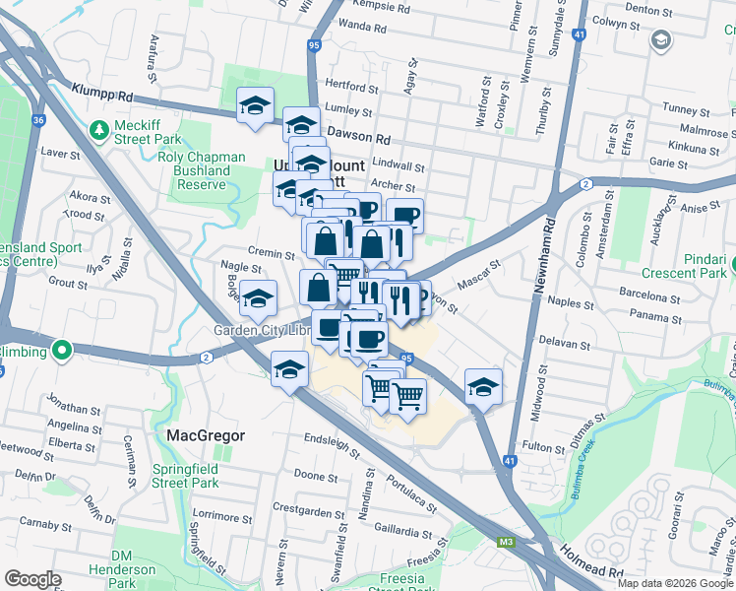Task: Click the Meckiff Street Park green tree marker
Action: coord(98,130)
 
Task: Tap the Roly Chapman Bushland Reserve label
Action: coord(194,170)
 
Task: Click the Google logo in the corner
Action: coord(32,579)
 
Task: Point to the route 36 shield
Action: coord(38,120)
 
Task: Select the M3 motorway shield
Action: coord(507,541)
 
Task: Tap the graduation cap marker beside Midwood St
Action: coord(483,386)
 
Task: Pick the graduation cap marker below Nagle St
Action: coord(258,298)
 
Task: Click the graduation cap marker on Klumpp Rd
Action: coord(255,106)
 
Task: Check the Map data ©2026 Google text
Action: coord(674,582)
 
